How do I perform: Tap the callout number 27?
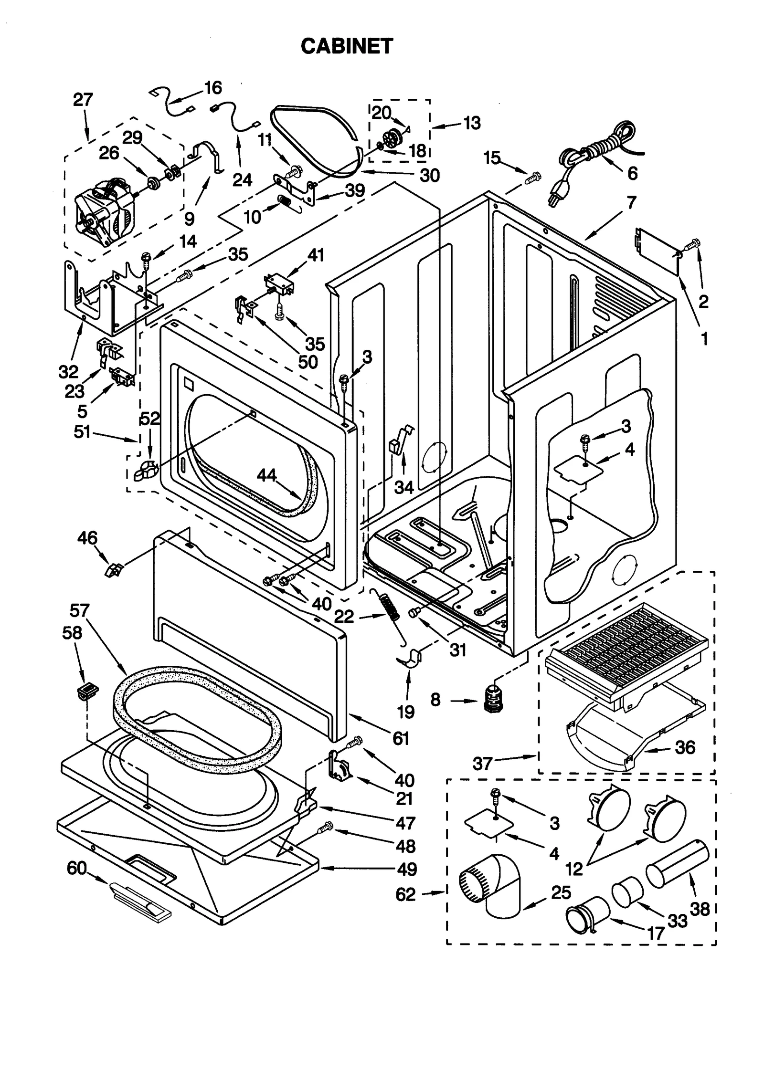[83, 100]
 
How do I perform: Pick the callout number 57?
[79, 610]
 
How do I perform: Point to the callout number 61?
[401, 738]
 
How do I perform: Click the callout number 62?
[406, 894]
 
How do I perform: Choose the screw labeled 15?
[532, 178]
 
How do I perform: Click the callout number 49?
[407, 869]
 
